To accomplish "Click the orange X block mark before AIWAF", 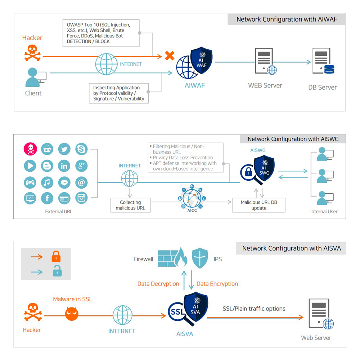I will pos(170,56).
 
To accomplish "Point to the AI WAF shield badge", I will pos(201,60).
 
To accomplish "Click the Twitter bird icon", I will pos(64,149).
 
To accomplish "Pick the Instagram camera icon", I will pos(82,198).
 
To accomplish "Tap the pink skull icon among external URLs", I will pos(30,149).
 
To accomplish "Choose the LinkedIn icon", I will pos(64,166).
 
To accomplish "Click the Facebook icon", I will pos(47,198).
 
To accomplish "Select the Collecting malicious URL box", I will pos(130,205).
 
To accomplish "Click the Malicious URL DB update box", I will pos(259,205).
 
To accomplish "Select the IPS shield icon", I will pos(201,258).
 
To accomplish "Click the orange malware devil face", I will pos(72,314).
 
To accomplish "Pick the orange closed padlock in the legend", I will pos(56,257).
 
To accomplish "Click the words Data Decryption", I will pos(158,284).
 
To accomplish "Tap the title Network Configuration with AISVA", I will pos(291,248).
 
